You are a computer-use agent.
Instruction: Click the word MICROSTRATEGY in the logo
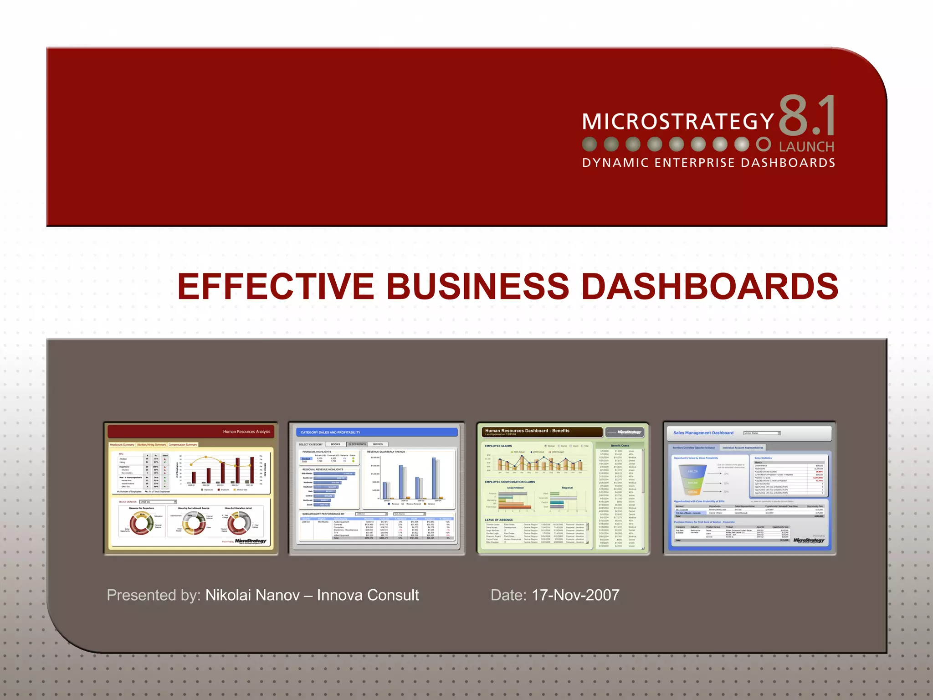tap(678, 122)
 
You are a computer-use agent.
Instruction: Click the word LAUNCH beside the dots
tap(806, 147)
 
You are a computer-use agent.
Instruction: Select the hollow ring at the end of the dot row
tap(764, 144)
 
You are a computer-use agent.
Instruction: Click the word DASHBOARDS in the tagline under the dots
tap(788, 163)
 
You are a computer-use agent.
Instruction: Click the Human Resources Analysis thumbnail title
tap(246, 432)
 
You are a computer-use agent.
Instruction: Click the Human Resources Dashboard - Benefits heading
tap(527, 431)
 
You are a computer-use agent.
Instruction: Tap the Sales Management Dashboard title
tap(703, 433)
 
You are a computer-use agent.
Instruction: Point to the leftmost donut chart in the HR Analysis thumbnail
tap(141, 523)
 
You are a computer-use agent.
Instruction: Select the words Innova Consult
tap(368, 595)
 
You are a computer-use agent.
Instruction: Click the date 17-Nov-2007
tap(575, 595)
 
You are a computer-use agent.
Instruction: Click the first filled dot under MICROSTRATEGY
tap(590, 144)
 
